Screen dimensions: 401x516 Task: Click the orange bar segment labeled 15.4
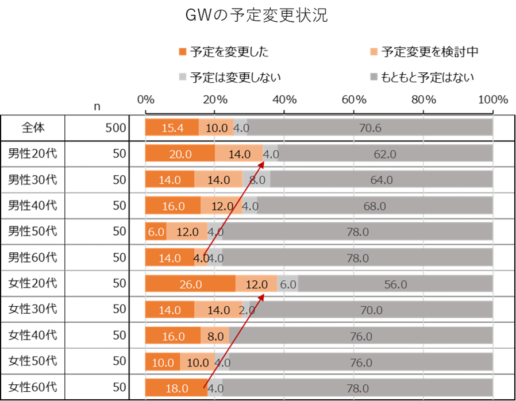tap(172, 128)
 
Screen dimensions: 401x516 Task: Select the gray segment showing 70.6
tap(370, 128)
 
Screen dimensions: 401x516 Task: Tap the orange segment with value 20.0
tap(180, 154)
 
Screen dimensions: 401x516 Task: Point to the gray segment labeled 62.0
tap(385, 154)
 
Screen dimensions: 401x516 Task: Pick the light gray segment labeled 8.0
tap(256, 180)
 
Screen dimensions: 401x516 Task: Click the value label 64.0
tap(381, 180)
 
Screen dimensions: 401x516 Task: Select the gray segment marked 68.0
tap(375, 206)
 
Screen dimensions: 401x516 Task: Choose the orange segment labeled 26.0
tap(190, 284)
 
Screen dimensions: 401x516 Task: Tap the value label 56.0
tap(395, 284)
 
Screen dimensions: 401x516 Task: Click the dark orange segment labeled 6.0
tap(156, 232)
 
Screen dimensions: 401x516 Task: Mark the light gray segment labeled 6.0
tap(288, 284)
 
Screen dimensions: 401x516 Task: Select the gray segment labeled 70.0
tap(371, 310)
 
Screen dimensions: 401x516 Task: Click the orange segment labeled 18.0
tap(176, 388)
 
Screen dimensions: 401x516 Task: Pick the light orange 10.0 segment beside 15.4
tap(217, 128)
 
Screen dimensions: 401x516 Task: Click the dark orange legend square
tap(183, 52)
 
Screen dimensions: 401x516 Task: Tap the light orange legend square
tap(373, 52)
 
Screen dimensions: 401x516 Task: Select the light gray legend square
tap(183, 76)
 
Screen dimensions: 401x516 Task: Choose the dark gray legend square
tap(373, 76)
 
